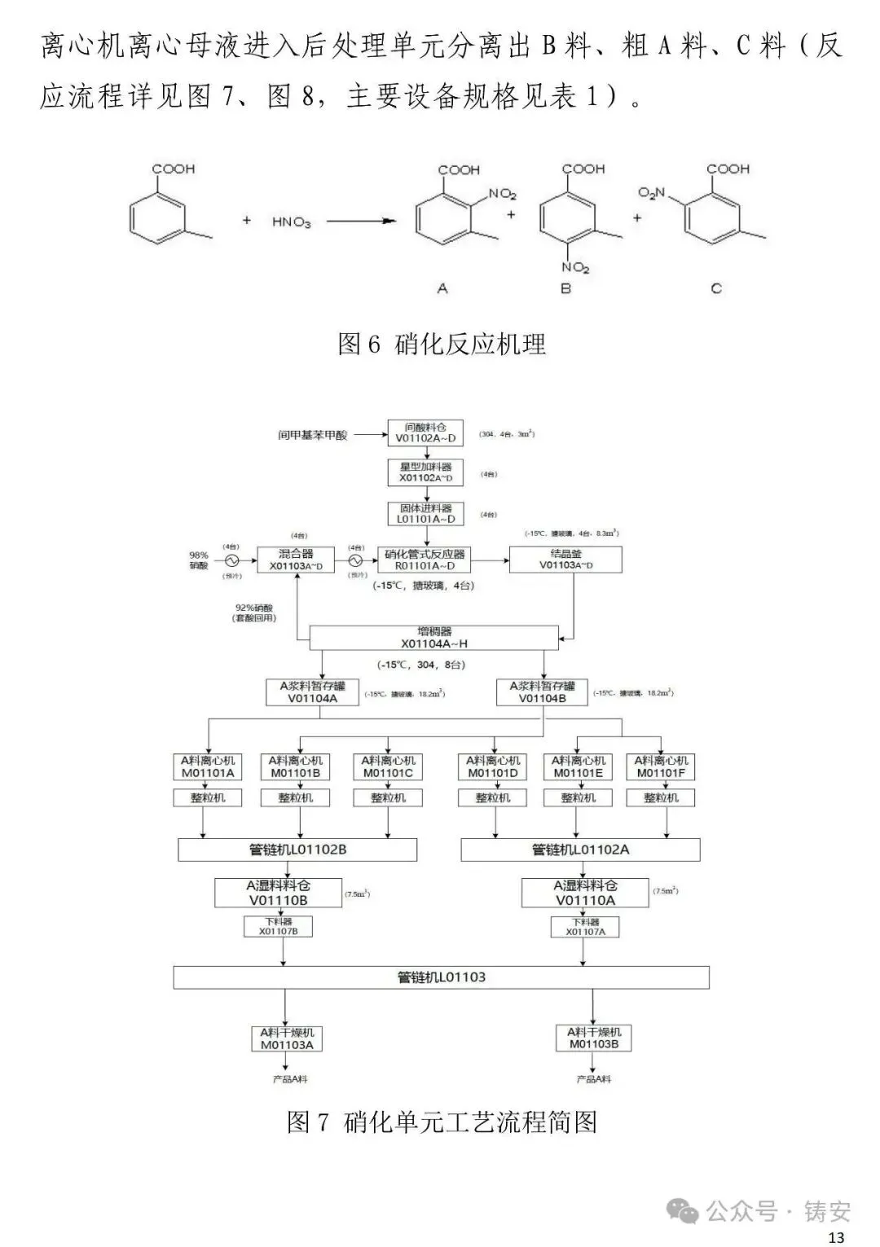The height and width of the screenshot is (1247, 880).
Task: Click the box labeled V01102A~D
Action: (x=425, y=432)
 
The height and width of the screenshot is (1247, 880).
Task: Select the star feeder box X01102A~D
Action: (x=425, y=472)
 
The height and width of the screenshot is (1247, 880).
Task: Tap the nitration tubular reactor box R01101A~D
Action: (x=425, y=560)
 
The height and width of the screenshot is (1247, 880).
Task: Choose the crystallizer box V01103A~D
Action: (x=565, y=560)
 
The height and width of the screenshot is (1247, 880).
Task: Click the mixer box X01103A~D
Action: (x=296, y=560)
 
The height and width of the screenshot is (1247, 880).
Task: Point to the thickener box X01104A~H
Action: (x=433, y=637)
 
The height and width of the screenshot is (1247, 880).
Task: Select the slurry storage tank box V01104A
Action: (x=313, y=692)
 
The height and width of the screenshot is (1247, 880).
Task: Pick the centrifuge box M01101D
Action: (x=493, y=766)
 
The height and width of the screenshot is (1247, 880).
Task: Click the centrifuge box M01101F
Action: (x=661, y=766)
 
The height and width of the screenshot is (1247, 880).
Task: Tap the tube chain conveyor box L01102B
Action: (x=297, y=850)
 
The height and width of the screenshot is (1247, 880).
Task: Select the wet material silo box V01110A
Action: (x=585, y=893)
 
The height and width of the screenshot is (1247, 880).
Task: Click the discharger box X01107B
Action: (x=279, y=926)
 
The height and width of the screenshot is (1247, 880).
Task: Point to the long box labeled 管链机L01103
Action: (x=441, y=977)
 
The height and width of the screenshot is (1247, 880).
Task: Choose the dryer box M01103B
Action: (x=594, y=1038)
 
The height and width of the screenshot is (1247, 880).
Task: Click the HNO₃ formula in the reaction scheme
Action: (x=291, y=222)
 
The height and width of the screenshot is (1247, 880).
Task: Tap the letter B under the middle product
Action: (x=565, y=288)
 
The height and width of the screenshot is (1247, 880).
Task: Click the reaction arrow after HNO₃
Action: (x=361, y=221)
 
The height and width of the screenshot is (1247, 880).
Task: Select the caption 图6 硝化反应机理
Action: (x=441, y=344)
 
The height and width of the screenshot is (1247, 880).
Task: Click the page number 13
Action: (x=836, y=1237)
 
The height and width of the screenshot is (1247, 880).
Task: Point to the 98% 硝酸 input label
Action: (x=199, y=560)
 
